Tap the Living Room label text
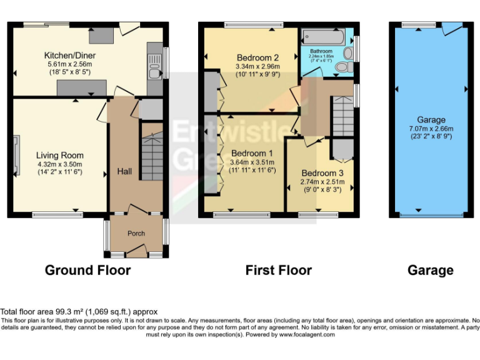pos(59,155)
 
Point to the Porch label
pos(136,233)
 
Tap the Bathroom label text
pos(321,51)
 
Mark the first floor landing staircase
pos(341,116)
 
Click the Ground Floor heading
pos(87,270)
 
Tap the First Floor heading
pos(278,270)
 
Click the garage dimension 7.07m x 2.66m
pos(431,128)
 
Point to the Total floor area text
pos(79,312)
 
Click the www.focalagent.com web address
pos(307,334)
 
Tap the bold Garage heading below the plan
pos(430,270)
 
